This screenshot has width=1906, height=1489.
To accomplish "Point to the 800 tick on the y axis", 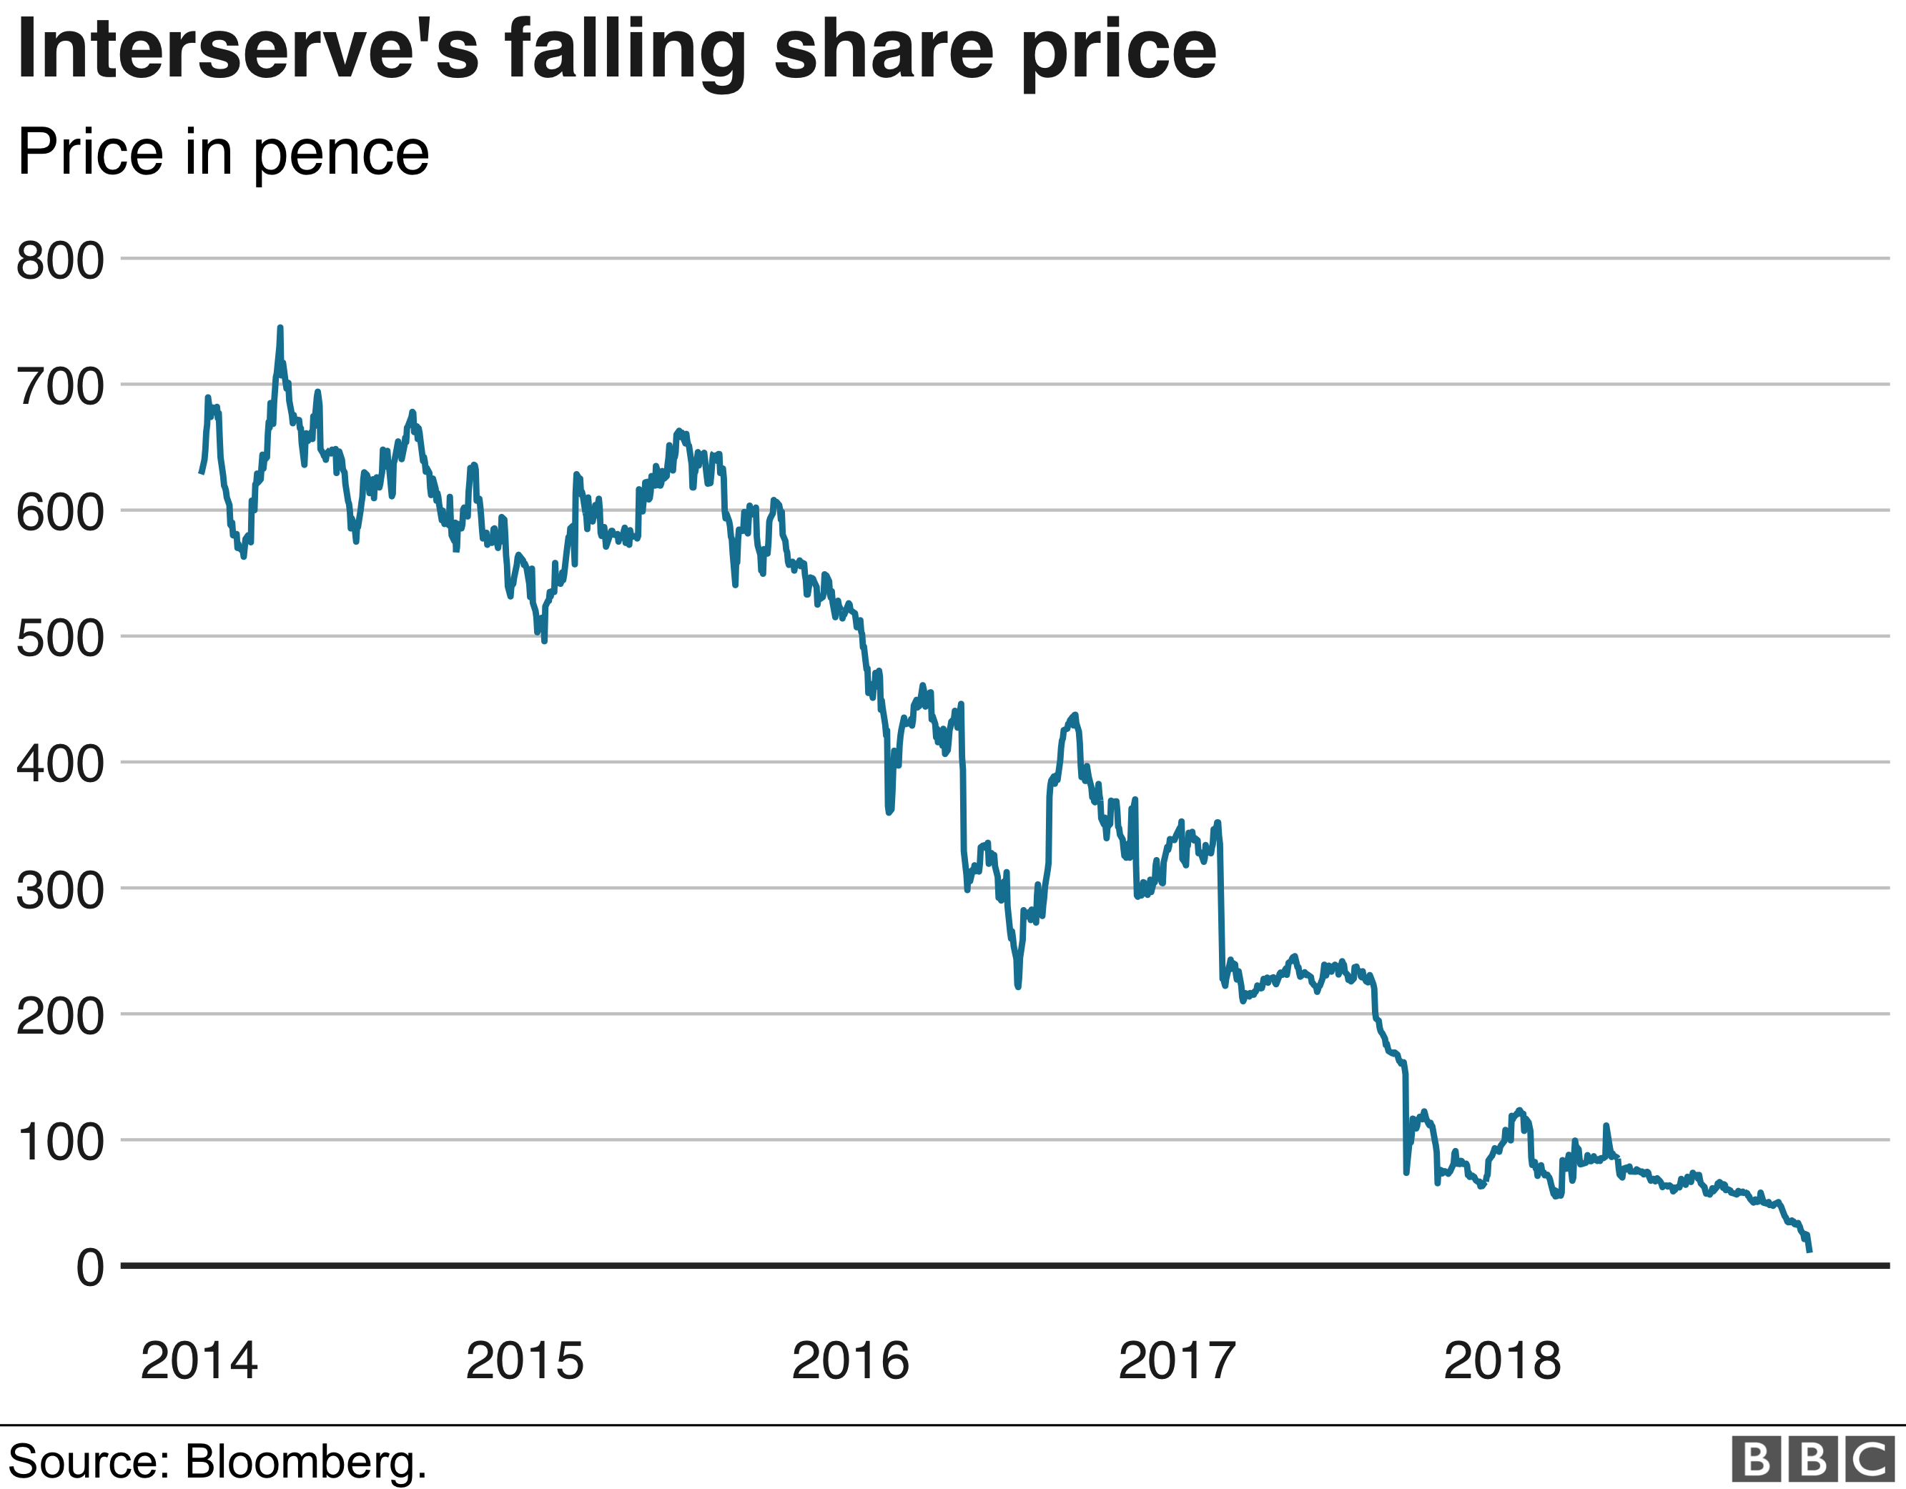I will pyautogui.click(x=60, y=260).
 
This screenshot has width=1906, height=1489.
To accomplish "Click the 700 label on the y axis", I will pyautogui.click(x=60, y=387).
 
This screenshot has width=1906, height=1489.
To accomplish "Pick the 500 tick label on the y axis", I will pyautogui.click(x=60, y=639).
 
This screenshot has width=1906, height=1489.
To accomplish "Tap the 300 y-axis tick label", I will pyautogui.click(x=60, y=891).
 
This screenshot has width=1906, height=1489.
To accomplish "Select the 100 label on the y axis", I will pyautogui.click(x=60, y=1142).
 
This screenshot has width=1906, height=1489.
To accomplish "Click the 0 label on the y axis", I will pyautogui.click(x=89, y=1268).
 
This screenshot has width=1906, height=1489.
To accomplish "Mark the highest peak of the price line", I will pyautogui.click(x=280, y=328).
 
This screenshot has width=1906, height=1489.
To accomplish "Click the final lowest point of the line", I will pyautogui.click(x=1809, y=1251).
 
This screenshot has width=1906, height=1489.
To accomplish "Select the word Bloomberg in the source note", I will pyautogui.click(x=302, y=1461).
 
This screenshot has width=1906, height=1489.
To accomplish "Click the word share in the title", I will pyautogui.click(x=883, y=50).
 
